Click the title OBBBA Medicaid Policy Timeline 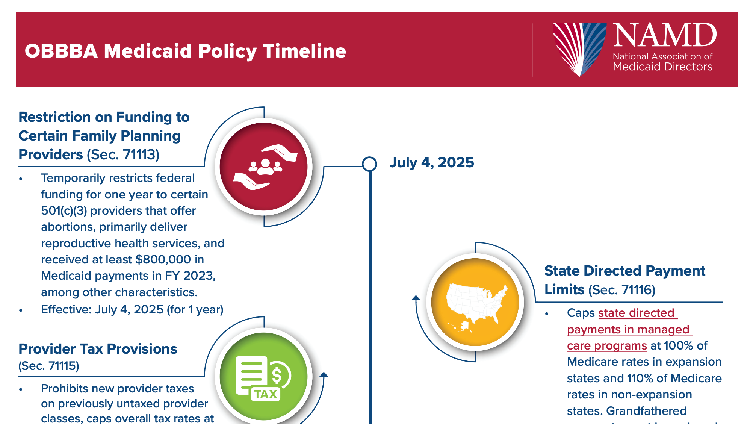[185, 51]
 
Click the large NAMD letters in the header [665, 36]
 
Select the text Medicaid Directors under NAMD [662, 67]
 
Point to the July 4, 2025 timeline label [432, 162]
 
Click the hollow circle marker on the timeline [370, 164]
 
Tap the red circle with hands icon [264, 167]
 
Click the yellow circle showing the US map [475, 302]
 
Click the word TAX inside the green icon [265, 394]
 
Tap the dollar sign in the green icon [277, 375]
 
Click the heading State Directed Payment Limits [624, 271]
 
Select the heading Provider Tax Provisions [98, 349]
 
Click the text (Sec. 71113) [123, 155]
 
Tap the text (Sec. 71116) [621, 290]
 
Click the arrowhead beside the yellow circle [416, 298]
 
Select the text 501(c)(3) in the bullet [64, 211]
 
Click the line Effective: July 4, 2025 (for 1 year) [132, 310]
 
